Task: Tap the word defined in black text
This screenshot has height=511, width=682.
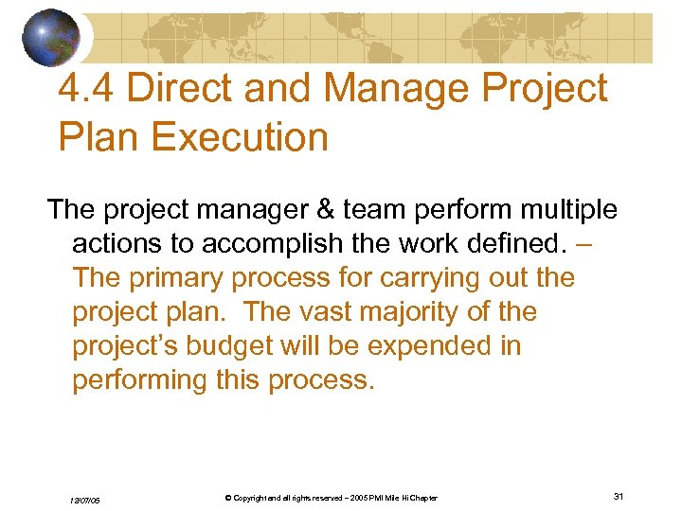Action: (506, 243)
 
